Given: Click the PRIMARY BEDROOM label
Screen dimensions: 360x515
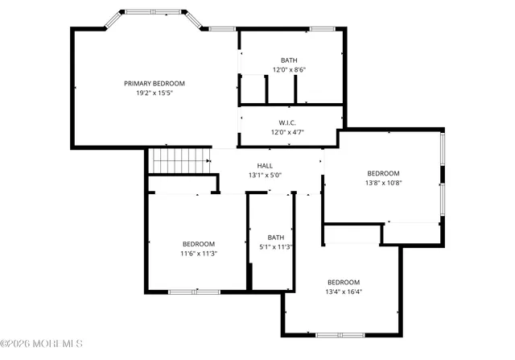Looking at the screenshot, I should coord(154,83).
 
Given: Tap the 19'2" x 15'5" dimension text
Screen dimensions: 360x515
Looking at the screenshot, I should coord(154,93).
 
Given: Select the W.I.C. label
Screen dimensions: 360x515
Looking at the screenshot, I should coord(287,122).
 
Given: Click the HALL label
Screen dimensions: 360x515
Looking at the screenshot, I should coord(265,165).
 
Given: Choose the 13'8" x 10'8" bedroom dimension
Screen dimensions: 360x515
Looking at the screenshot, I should coord(383,183).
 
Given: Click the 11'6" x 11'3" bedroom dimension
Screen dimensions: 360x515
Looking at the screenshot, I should coord(198,254).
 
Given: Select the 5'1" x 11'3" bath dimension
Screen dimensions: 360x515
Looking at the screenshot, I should coord(276,247).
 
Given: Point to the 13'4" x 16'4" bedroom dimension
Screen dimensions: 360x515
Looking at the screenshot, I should coord(344,292).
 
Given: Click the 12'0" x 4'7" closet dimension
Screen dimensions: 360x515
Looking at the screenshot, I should coord(287,132).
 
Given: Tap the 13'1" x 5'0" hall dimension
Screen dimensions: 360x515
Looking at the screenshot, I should coord(265,175).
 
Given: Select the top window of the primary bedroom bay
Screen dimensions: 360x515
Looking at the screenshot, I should coord(153,12).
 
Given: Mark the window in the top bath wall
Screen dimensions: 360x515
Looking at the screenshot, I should coord(322,29).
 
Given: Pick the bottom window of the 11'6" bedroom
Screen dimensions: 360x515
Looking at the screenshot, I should coord(194,292).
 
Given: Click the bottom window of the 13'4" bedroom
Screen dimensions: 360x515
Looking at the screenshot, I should coord(340,334).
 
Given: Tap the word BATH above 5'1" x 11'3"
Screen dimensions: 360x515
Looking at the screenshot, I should coord(276,237).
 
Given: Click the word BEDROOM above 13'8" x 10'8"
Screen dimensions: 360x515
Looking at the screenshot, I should coord(383,173).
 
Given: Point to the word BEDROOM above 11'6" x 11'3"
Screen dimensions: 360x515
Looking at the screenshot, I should coord(198,244).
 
